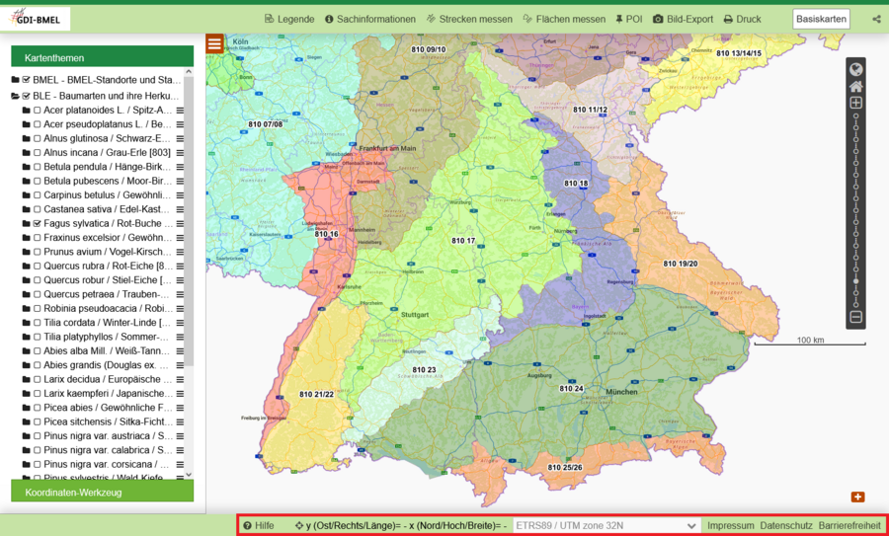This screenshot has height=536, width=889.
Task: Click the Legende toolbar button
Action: pos(289,19)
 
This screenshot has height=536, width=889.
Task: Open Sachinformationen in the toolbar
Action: pos(368,19)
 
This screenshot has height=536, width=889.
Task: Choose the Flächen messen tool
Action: pos(564,19)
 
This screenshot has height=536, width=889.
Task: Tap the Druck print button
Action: pos(742,19)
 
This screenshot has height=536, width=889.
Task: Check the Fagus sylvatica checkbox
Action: pos(37,224)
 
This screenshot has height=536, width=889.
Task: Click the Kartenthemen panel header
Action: pos(102,57)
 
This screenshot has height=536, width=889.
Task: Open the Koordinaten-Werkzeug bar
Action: pos(102,492)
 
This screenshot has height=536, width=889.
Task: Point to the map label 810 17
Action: pos(463,241)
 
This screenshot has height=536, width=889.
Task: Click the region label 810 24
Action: pos(572,388)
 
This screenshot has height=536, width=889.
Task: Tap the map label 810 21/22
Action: pos(317,394)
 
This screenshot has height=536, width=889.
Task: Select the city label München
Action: pos(622,392)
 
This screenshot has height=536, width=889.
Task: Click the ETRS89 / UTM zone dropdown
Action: pos(606,525)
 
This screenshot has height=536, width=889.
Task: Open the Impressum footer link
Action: pos(731,525)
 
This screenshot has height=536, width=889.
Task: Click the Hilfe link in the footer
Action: pos(259,525)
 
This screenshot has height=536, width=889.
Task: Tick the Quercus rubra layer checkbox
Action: pos(37,266)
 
